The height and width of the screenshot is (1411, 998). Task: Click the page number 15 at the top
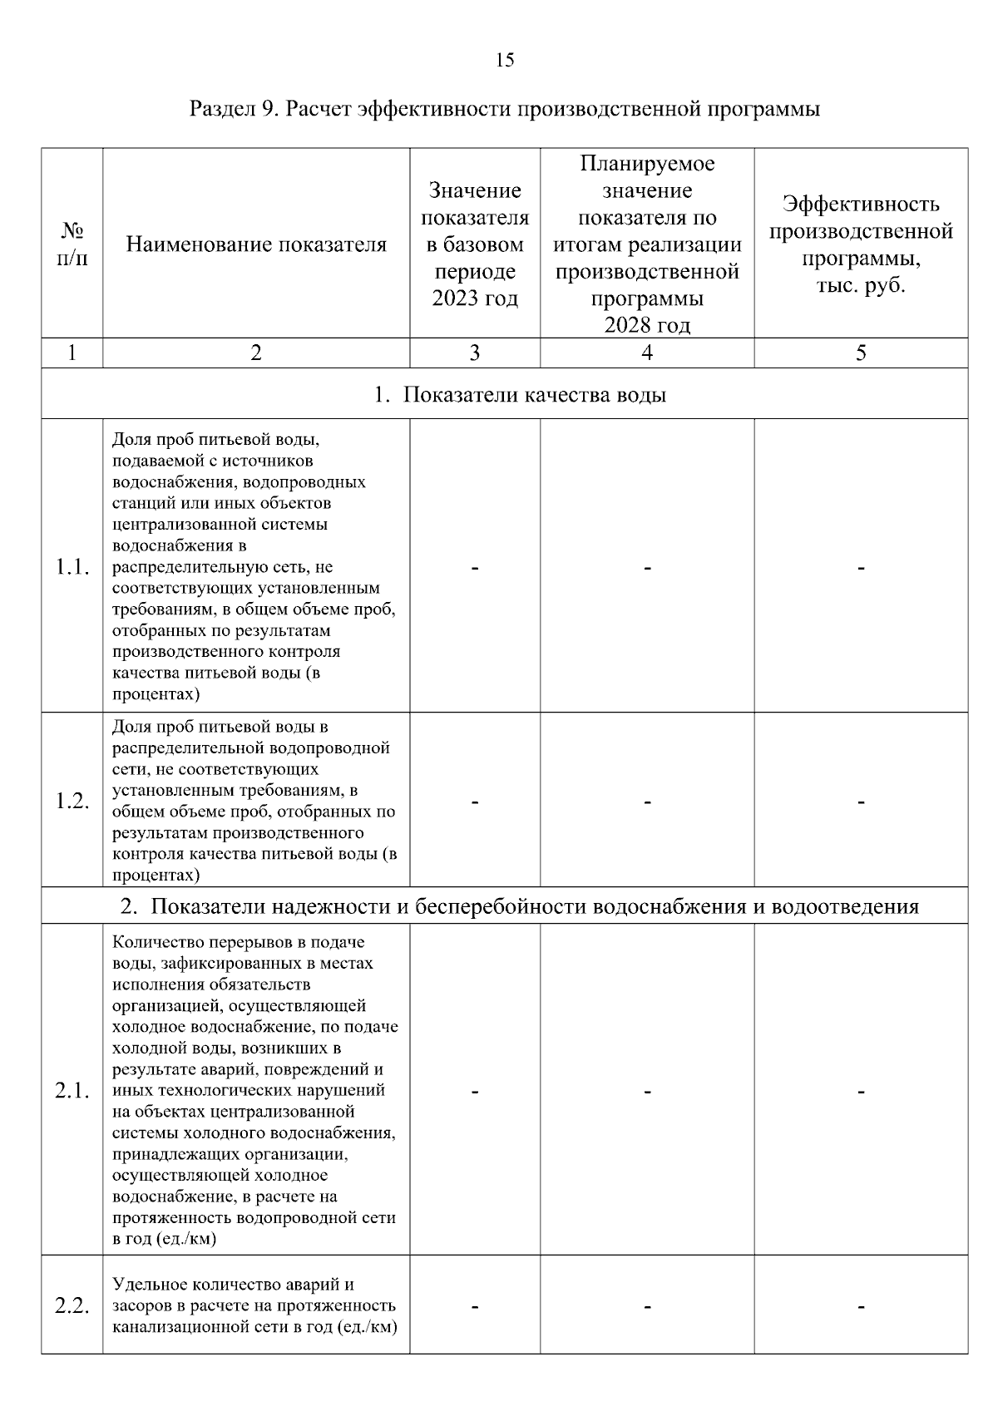click(x=505, y=60)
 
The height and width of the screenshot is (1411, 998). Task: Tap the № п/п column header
click(x=72, y=244)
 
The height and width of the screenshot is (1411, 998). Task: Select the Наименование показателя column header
click(x=256, y=244)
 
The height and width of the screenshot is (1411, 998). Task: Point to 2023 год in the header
click(x=474, y=298)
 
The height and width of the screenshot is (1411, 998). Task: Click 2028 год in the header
click(x=646, y=325)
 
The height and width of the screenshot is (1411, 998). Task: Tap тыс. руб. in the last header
click(x=861, y=286)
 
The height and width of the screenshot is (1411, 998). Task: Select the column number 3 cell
click(x=474, y=353)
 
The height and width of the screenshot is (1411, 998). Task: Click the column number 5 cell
click(x=861, y=353)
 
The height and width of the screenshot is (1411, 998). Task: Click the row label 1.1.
click(x=72, y=567)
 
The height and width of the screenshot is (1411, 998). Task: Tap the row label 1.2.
click(x=72, y=801)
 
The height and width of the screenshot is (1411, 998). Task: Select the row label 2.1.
click(x=72, y=1091)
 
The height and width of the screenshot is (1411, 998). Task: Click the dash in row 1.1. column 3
click(x=474, y=569)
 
